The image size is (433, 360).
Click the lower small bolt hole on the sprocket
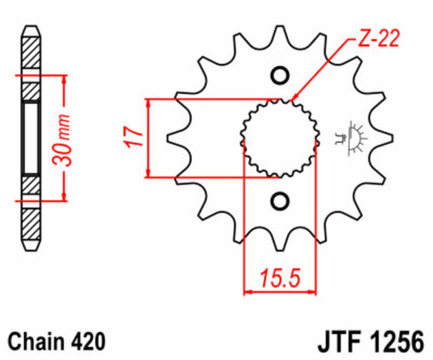[x=280, y=201]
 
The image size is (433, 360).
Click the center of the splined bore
[x=280, y=137]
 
